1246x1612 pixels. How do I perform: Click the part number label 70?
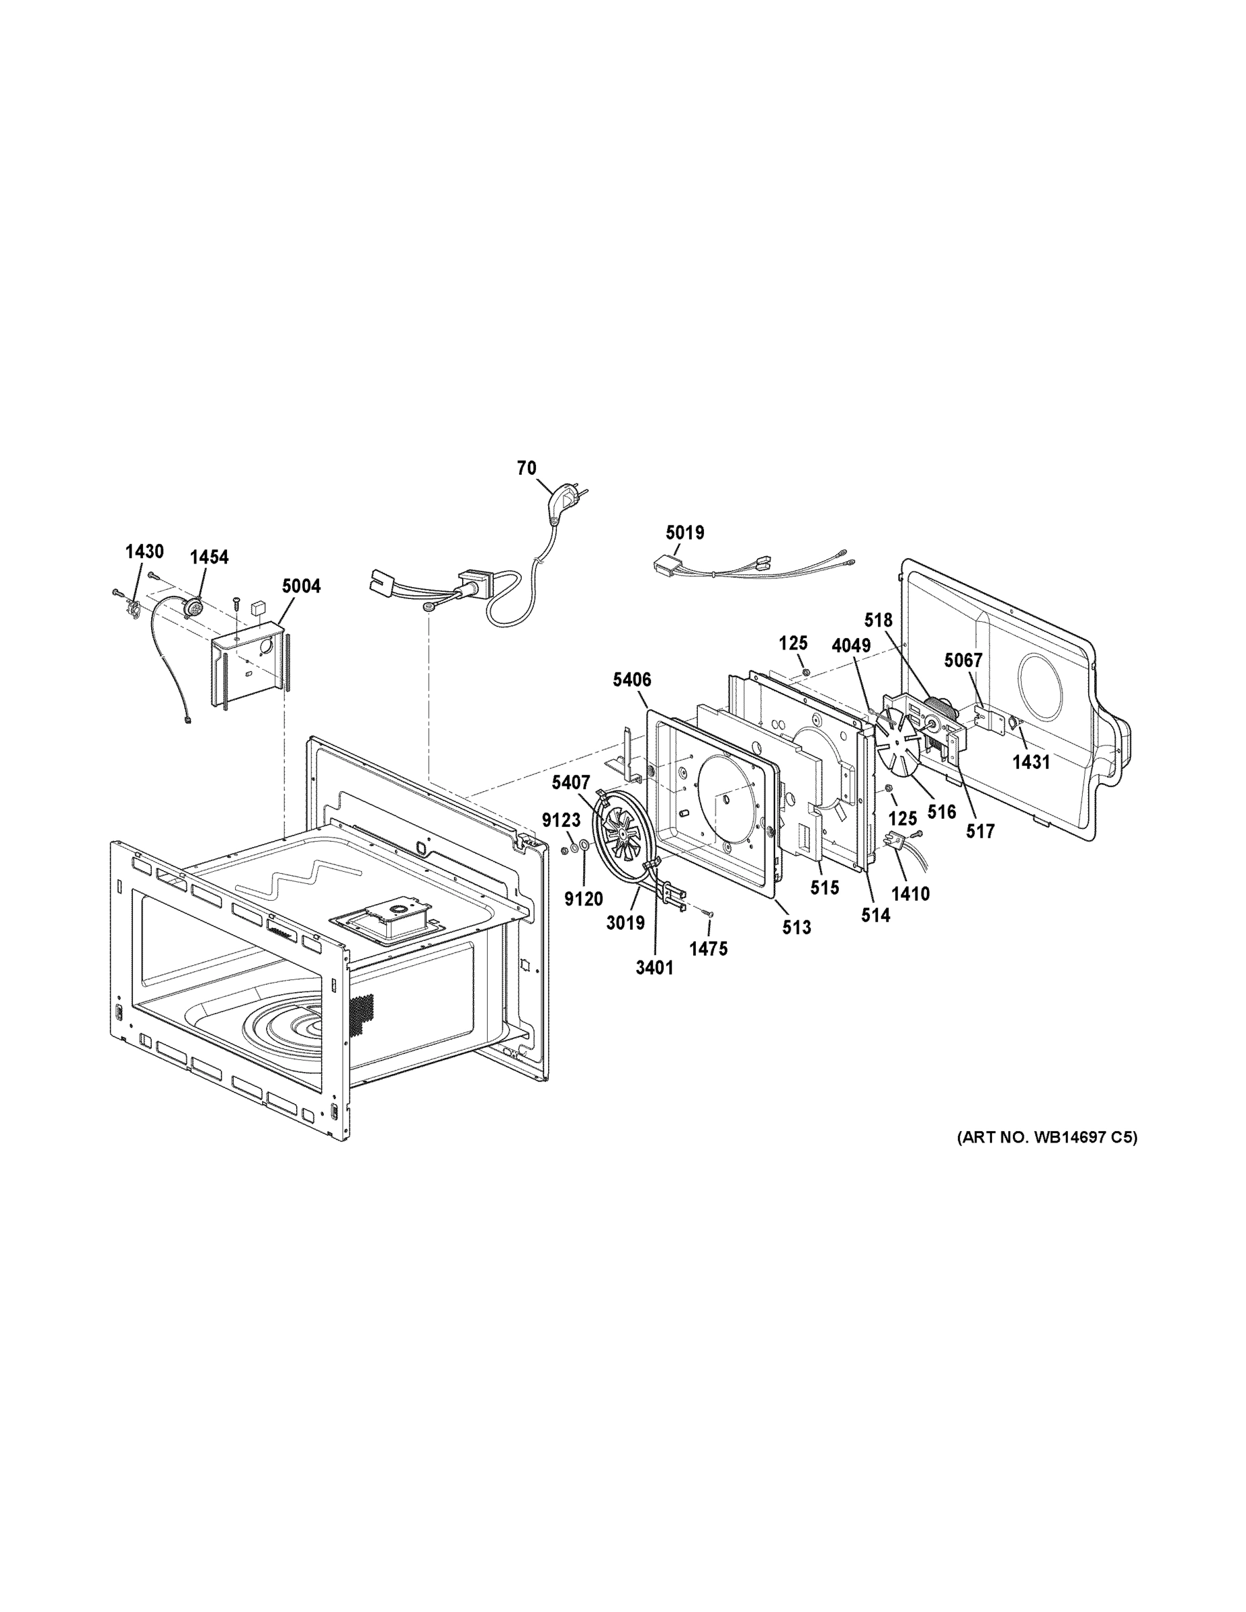[527, 468]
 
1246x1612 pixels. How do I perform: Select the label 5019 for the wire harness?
[684, 532]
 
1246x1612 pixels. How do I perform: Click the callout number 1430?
[144, 551]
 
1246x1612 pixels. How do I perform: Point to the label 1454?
[209, 557]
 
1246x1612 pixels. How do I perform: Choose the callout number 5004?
[301, 587]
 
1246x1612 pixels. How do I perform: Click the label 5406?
[632, 680]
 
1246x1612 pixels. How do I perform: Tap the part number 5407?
[570, 782]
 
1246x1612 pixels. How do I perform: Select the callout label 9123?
[561, 820]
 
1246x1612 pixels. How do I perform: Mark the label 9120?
[583, 899]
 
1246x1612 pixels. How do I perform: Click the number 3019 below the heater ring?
[625, 923]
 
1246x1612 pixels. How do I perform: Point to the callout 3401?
[655, 968]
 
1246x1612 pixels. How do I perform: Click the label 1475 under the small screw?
[709, 949]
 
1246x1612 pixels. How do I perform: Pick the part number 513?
[797, 928]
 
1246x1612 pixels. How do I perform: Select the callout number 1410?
[910, 894]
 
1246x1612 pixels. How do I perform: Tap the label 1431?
[1030, 762]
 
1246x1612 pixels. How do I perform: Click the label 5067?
[963, 661]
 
